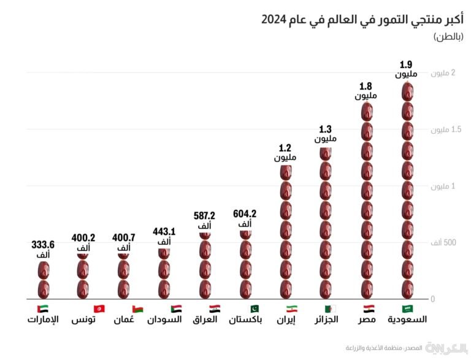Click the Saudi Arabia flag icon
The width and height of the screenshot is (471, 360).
[x=407, y=308]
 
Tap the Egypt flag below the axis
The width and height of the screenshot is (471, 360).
[x=367, y=308]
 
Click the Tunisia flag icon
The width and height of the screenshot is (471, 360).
[x=83, y=308]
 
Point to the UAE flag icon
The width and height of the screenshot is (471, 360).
[x=43, y=308]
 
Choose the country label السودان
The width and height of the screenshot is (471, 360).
[x=164, y=320]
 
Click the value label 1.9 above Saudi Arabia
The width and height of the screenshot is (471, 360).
[x=405, y=64]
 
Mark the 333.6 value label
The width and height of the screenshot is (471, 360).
[x=43, y=245]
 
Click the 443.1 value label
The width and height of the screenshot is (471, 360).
[x=164, y=232]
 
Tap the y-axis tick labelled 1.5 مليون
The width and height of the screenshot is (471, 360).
[x=440, y=130]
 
